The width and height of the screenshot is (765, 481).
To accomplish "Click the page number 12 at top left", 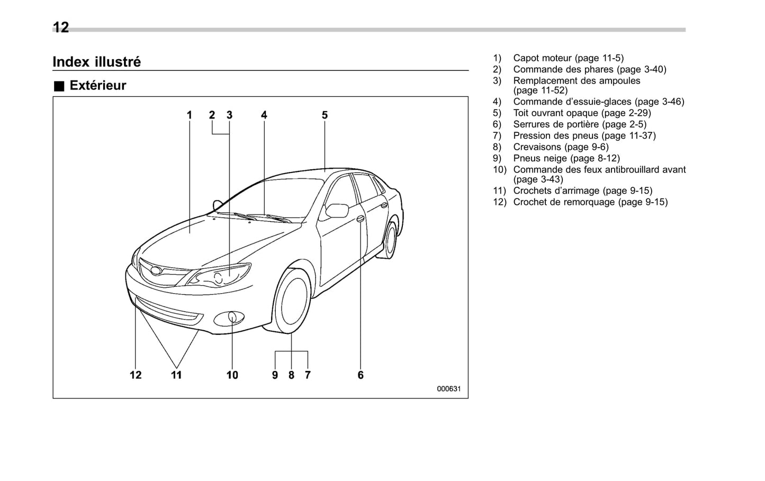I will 61,28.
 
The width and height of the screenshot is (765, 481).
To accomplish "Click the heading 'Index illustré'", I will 96,62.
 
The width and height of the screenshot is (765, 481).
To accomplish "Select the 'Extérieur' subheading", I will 97,86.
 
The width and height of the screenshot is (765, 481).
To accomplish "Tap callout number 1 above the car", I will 189,115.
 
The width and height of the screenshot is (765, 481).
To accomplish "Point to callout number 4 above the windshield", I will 264,115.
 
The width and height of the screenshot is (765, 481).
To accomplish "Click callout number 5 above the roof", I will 325,115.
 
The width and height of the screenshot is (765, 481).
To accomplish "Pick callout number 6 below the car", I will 361,375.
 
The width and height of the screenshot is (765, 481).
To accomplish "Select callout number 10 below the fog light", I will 232,375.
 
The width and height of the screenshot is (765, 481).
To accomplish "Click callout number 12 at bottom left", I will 136,375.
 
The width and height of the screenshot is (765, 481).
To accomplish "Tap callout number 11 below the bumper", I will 176,375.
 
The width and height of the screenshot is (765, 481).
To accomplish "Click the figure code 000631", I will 448,389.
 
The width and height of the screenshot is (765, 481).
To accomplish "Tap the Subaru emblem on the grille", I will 156,271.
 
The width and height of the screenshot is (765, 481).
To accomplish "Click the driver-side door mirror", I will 337,211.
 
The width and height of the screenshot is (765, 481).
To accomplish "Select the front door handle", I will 360,219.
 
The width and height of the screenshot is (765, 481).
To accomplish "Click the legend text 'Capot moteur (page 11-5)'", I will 568,58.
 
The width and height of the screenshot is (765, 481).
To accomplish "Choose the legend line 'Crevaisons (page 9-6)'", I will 561,147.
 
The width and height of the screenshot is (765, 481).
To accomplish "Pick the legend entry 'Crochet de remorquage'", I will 590,202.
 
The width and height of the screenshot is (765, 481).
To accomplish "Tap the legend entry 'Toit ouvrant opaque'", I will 582,113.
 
